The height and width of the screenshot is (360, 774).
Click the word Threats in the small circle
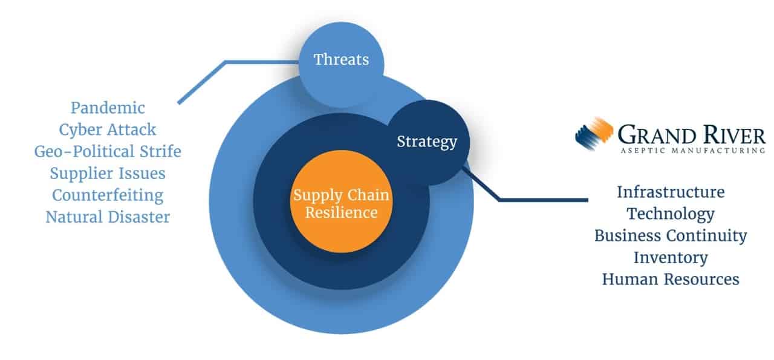click(x=341, y=60)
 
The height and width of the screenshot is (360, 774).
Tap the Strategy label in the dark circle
click(x=427, y=142)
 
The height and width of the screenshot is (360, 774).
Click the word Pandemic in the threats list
click(x=108, y=108)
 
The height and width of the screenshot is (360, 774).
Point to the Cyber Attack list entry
click(x=108, y=129)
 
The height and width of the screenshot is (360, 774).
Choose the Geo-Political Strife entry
click(x=108, y=151)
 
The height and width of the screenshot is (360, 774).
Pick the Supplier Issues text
click(x=108, y=173)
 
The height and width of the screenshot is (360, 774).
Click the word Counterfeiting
click(x=108, y=195)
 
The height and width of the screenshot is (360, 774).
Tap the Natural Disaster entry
click(x=108, y=217)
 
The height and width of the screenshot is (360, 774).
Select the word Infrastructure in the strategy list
click(x=671, y=192)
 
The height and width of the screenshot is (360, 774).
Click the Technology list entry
click(x=671, y=214)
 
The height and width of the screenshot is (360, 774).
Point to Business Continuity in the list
click(x=671, y=235)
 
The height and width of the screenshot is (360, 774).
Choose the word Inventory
click(x=671, y=257)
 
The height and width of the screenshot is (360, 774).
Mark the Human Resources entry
click(x=671, y=279)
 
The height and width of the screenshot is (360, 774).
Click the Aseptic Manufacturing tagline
click(x=692, y=150)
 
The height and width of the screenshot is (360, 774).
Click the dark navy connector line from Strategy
click(x=544, y=199)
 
